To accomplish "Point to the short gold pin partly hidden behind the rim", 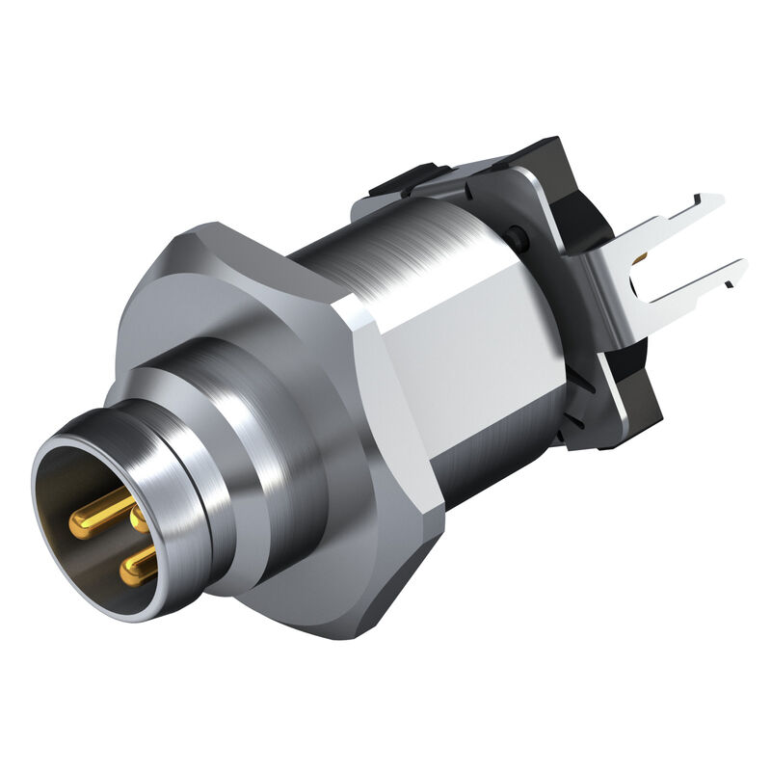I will [140, 519].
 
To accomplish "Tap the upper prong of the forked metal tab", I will [675, 217].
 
